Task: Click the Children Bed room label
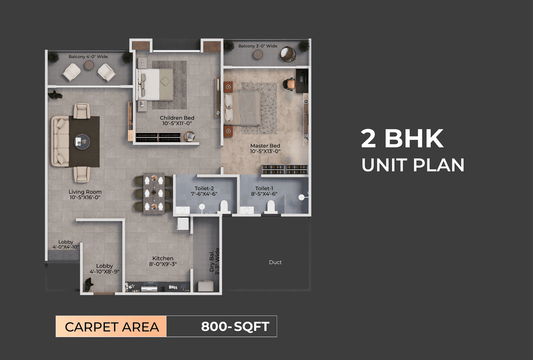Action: click(x=177, y=121)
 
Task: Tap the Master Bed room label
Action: click(x=265, y=149)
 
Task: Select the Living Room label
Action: click(x=85, y=195)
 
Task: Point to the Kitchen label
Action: click(x=163, y=261)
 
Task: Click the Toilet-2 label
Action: click(x=204, y=191)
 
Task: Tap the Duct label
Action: click(x=275, y=262)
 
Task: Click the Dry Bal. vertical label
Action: click(x=214, y=261)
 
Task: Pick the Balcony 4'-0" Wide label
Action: click(x=88, y=56)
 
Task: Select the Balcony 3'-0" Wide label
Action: click(x=258, y=46)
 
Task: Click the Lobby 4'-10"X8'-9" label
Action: click(x=105, y=269)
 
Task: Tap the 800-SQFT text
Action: click(x=235, y=326)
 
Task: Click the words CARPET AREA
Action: click(x=112, y=327)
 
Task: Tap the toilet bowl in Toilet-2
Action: click(x=224, y=206)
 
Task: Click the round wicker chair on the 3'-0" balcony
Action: click(x=288, y=54)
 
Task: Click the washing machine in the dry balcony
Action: click(x=205, y=286)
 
